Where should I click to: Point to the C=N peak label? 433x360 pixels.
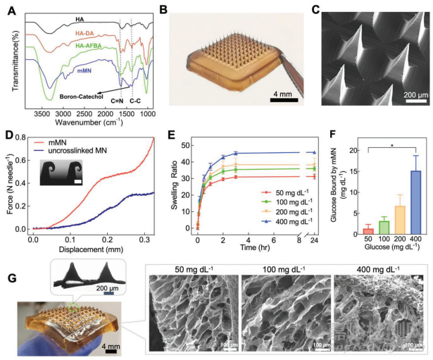pyautogui.click(x=116, y=101)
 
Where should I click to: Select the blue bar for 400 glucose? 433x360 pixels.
pyautogui.click(x=416, y=200)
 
